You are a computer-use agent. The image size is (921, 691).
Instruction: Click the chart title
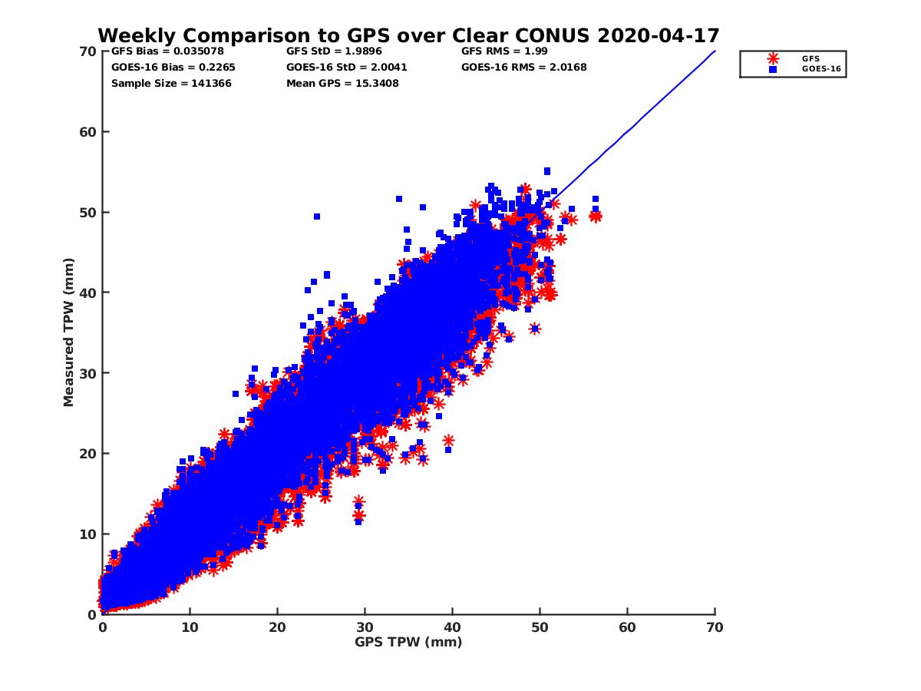[x=408, y=35]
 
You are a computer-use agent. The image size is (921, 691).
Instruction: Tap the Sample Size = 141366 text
[x=171, y=83]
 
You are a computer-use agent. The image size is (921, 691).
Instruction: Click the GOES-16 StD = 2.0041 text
[x=346, y=67]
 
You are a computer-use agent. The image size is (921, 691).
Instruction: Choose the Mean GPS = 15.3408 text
[x=342, y=83]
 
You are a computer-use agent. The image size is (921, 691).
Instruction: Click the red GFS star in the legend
[x=773, y=58]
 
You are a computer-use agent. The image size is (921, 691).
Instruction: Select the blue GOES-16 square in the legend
[x=773, y=69]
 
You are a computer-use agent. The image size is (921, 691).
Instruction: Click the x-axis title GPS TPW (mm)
[x=408, y=642]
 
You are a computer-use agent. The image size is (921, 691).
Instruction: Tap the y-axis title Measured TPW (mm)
[x=69, y=332]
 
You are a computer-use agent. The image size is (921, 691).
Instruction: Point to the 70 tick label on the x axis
[x=715, y=627]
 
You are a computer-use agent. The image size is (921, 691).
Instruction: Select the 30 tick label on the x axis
[x=365, y=627]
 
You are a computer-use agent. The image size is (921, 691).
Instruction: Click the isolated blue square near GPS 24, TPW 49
[x=316, y=217]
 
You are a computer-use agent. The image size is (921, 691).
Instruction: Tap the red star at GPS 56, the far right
[x=595, y=217]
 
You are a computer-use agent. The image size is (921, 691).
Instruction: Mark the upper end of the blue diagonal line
[x=715, y=51]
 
